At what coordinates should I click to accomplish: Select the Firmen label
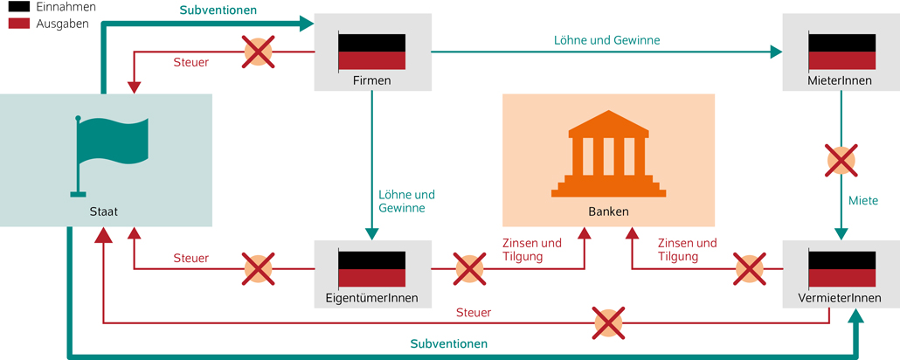pos(371,80)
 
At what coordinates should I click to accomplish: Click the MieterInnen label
pos(841,80)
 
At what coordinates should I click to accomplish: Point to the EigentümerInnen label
pos(371,298)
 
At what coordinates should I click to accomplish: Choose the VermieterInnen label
pos(841,298)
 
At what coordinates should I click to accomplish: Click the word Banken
pos(608,211)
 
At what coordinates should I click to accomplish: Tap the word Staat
pos(103,211)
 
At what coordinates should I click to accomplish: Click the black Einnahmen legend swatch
pos(16,7)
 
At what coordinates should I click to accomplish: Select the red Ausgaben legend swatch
pos(16,24)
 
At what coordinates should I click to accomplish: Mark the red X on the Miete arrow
pos(841,161)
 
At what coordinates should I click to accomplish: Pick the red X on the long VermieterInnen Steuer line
pos(608,323)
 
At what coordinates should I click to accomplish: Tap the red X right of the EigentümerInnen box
pos(469,269)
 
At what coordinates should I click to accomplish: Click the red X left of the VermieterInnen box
pos(749,269)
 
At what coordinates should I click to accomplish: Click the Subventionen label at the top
pos(218,11)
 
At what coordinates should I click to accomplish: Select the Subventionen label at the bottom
pos(448,343)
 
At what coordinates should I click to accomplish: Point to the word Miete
pos(863,201)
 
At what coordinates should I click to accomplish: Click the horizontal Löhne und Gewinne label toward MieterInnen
pos(606,39)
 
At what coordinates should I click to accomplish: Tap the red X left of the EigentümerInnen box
pos(258,269)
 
